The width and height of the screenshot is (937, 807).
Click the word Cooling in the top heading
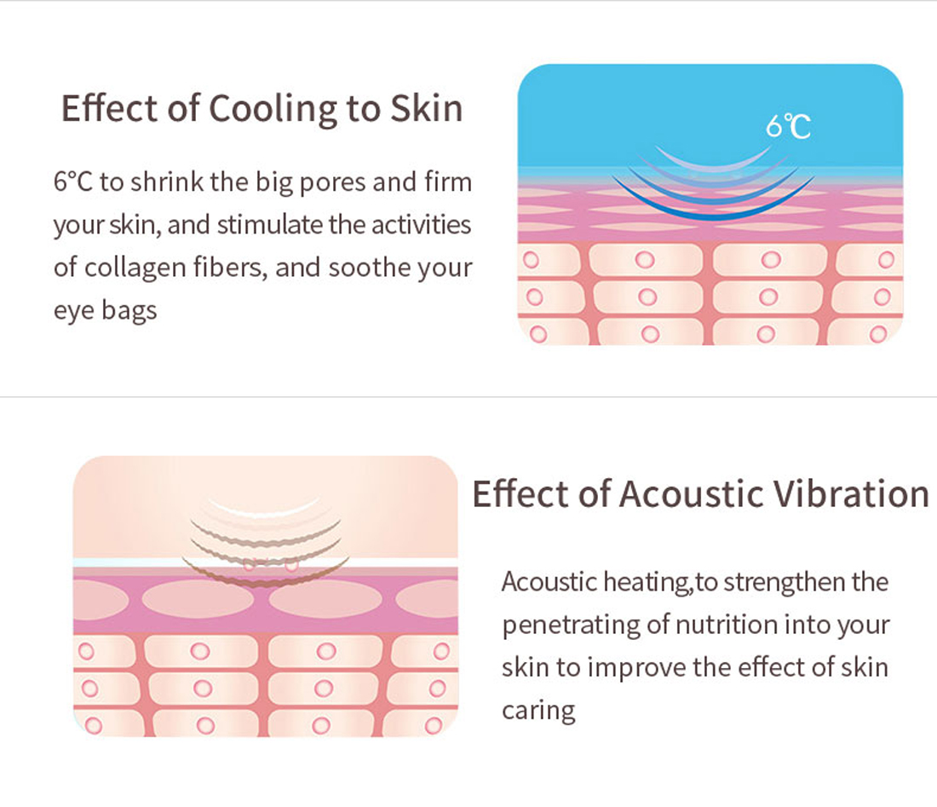point(273,109)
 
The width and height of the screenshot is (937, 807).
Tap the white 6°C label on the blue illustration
point(788,126)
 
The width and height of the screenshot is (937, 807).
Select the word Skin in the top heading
point(427,108)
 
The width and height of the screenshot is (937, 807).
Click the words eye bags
point(105,311)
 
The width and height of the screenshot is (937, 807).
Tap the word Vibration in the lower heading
point(851,493)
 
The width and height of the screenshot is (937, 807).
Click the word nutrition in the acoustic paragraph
point(726,625)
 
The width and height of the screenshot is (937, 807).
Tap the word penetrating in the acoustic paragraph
point(571,625)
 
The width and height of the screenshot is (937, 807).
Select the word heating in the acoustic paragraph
point(647,583)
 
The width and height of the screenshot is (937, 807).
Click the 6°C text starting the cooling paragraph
point(73,182)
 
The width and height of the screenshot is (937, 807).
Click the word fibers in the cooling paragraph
point(230,268)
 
